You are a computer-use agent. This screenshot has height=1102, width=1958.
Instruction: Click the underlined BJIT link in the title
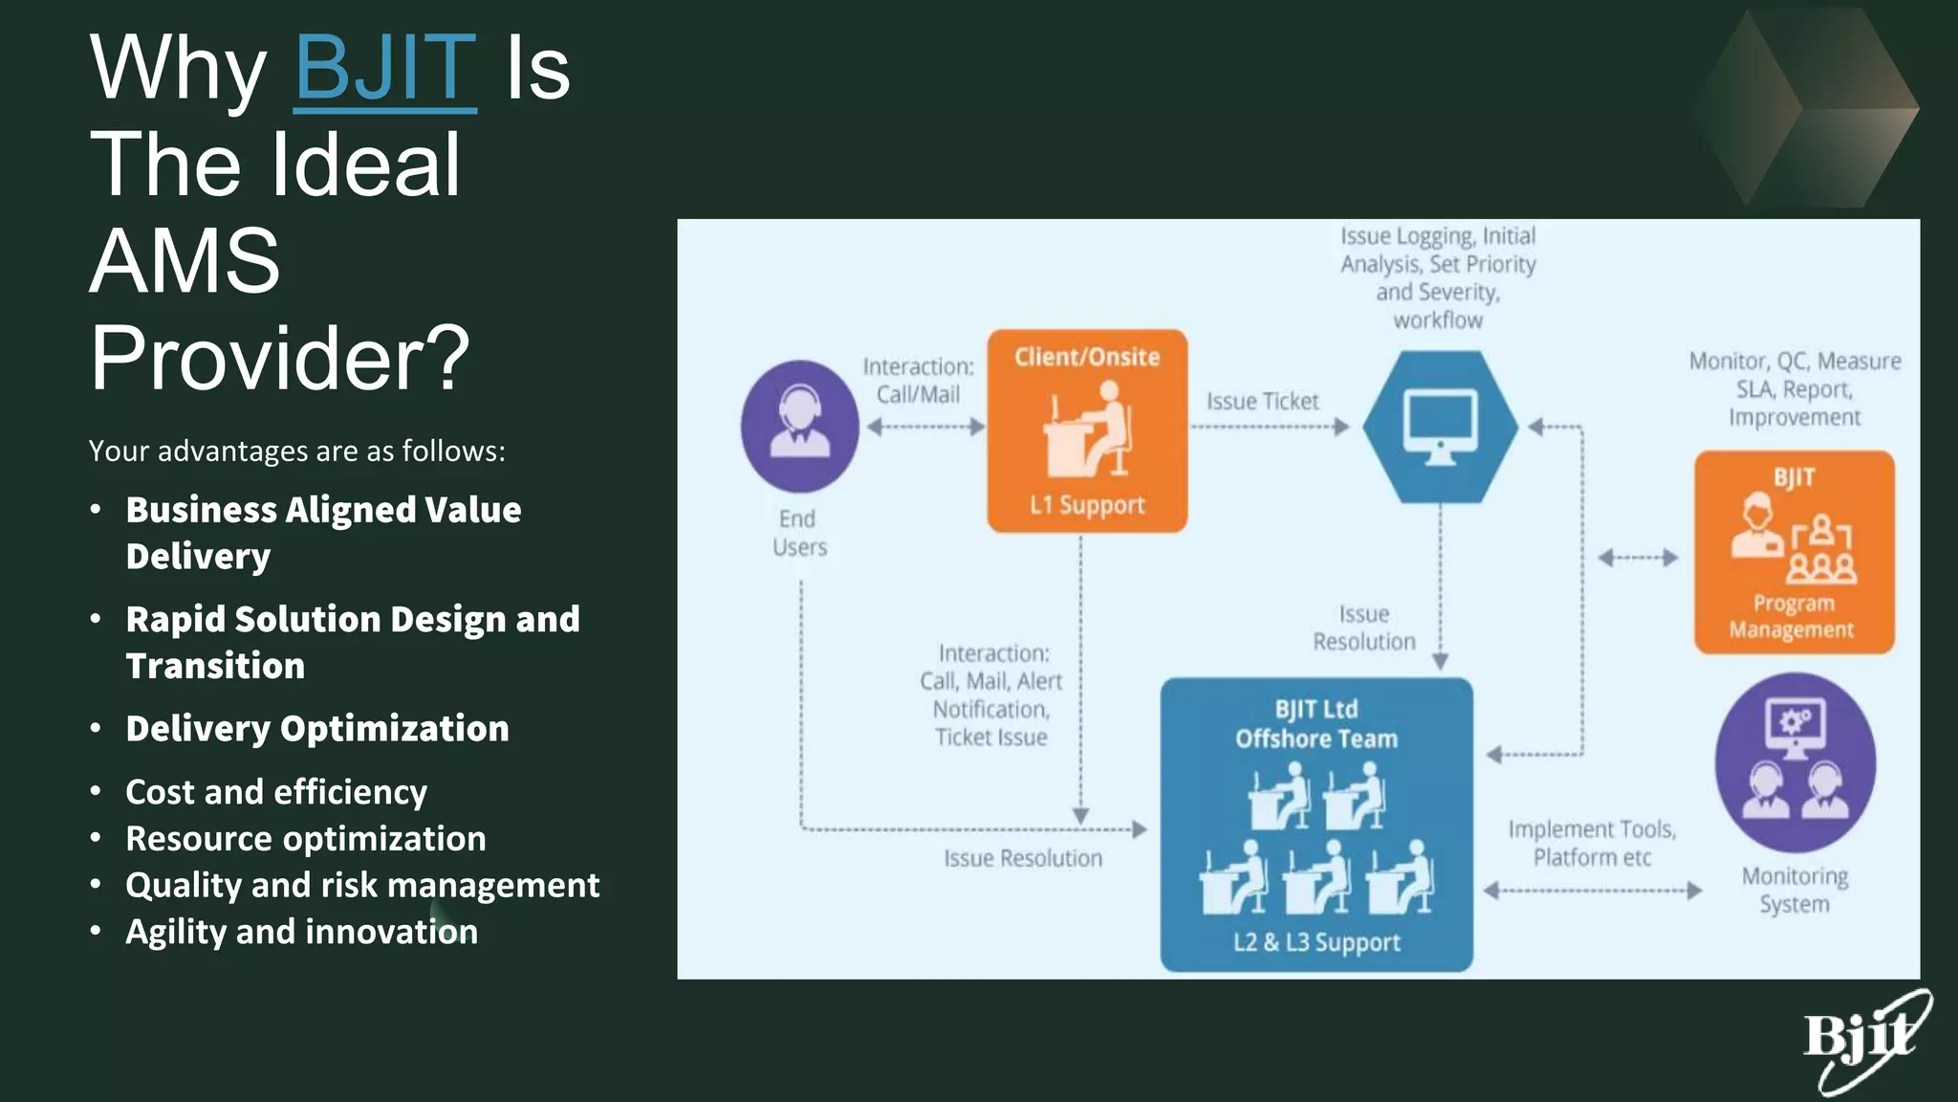pyautogui.click(x=384, y=69)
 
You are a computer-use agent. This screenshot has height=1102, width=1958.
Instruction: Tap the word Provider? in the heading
pyautogui.click(x=280, y=357)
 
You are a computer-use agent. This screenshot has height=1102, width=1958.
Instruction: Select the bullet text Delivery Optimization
pyautogui.click(x=317, y=729)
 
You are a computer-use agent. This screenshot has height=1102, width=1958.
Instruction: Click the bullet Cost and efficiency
pyautogui.click(x=276, y=792)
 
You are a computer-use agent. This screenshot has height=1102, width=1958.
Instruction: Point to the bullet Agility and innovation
pyautogui.click(x=301, y=932)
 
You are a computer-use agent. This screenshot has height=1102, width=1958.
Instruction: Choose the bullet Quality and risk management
pyautogui.click(x=362, y=885)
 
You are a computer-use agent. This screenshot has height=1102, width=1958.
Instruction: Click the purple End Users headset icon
pyautogui.click(x=799, y=426)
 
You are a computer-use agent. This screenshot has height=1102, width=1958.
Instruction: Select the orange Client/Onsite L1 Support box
pyautogui.click(x=1087, y=431)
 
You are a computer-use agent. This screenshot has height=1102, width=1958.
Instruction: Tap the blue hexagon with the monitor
pyautogui.click(x=1440, y=427)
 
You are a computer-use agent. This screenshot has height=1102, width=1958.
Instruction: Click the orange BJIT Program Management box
pyautogui.click(x=1794, y=553)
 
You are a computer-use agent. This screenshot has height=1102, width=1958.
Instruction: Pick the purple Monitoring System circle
pyautogui.click(x=1795, y=762)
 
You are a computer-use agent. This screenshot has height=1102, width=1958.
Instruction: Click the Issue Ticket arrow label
pyautogui.click(x=1262, y=402)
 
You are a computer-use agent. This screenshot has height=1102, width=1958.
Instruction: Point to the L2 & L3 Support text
pyautogui.click(x=1316, y=942)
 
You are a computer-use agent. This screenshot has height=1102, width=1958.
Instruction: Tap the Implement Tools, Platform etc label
pyautogui.click(x=1592, y=843)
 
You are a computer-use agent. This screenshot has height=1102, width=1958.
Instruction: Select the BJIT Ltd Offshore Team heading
pyautogui.click(x=1316, y=724)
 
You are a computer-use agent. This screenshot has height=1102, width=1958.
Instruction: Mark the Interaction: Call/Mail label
pyautogui.click(x=918, y=381)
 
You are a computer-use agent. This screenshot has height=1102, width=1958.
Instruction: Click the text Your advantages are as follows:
pyautogui.click(x=296, y=451)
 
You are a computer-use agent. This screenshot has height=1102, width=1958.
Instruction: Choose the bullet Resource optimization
pyautogui.click(x=306, y=839)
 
